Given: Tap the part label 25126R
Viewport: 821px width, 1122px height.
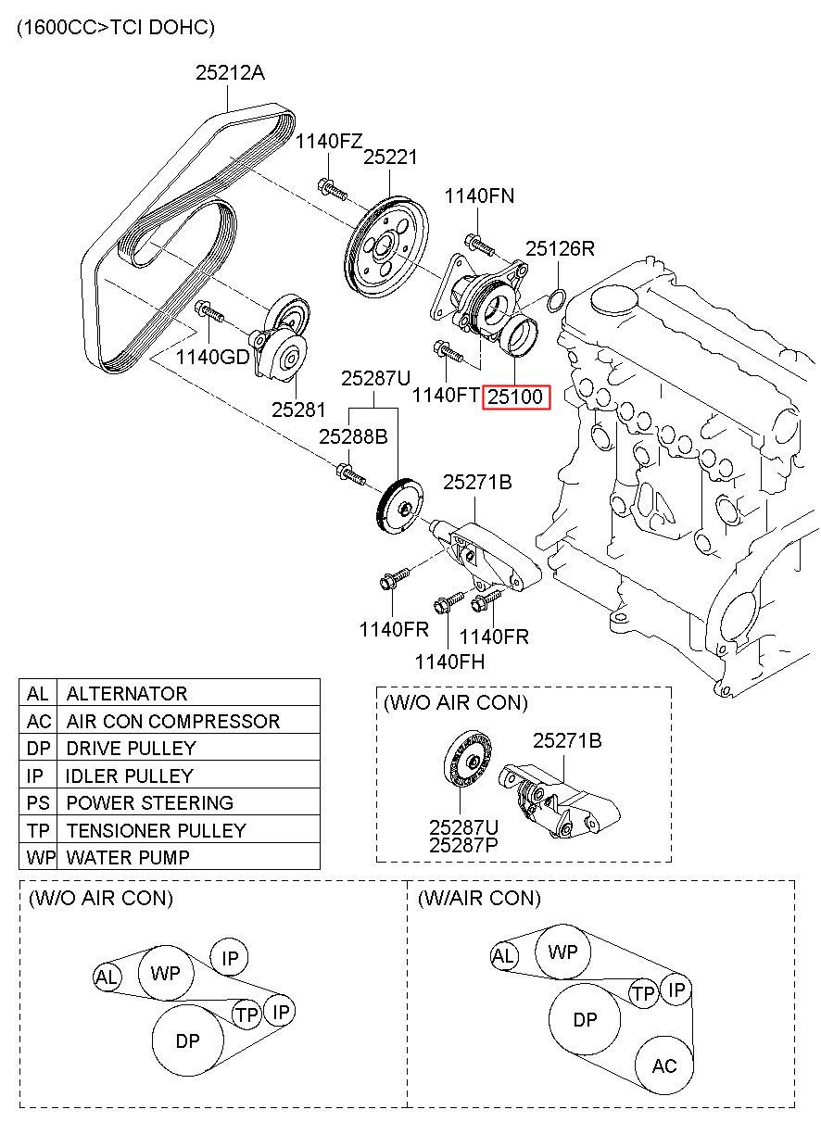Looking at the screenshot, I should [x=560, y=249].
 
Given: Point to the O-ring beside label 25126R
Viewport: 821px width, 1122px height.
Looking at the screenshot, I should [x=556, y=299].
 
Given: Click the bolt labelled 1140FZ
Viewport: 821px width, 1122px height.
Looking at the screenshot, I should [x=331, y=189].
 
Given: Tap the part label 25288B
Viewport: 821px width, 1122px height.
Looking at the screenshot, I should [x=353, y=435].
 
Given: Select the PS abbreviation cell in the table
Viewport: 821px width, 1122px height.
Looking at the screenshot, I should [x=38, y=802].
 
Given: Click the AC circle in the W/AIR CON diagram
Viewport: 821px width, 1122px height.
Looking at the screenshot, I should [x=664, y=1066].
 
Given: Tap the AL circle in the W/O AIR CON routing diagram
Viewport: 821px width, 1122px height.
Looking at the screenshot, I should [x=107, y=976].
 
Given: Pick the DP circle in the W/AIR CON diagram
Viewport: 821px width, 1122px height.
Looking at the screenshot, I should [x=585, y=1019].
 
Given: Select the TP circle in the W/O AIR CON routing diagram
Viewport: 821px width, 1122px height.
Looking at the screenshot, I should [x=246, y=1015].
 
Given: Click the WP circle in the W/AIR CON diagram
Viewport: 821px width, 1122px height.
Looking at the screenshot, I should [x=562, y=952].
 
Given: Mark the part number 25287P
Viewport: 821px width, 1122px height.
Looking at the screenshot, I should [x=463, y=844].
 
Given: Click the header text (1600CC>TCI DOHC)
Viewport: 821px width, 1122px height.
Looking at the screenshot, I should [x=116, y=28].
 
